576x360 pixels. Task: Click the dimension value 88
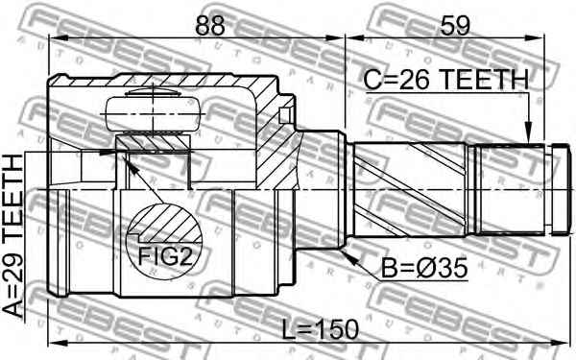(x=209, y=25)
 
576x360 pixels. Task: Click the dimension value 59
(x=455, y=25)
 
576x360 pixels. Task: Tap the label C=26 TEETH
(x=446, y=80)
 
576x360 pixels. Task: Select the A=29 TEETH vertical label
(x=12, y=236)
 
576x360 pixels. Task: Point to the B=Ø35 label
(x=424, y=268)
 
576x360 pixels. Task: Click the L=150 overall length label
(x=320, y=329)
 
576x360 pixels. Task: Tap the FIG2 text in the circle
(x=165, y=256)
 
